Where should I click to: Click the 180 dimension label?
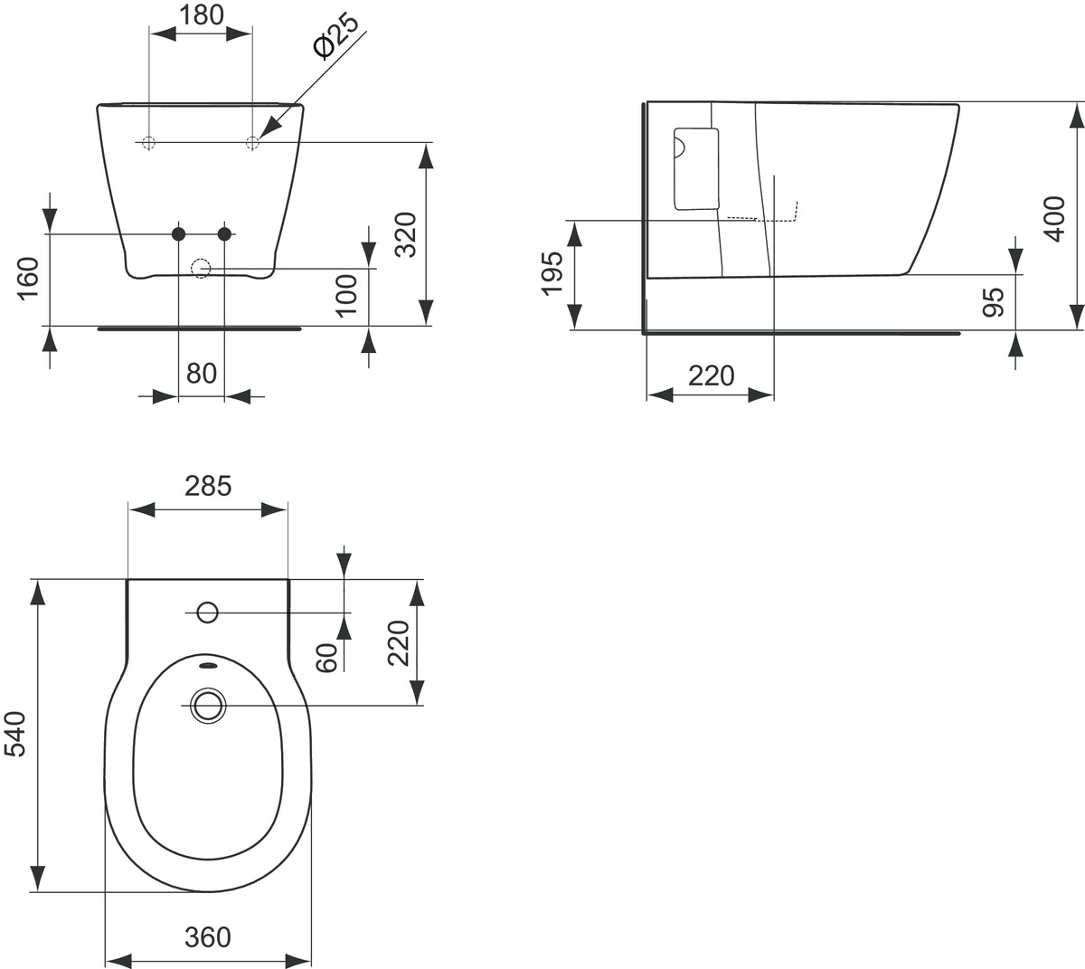(x=202, y=15)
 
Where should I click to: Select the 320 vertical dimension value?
(x=405, y=234)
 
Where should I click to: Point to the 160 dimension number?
(x=28, y=279)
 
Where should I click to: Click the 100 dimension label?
(x=346, y=296)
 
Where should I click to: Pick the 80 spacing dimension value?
(x=202, y=373)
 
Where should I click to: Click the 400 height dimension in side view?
(x=1054, y=219)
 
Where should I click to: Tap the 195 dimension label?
(x=552, y=273)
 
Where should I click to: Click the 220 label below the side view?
(x=712, y=375)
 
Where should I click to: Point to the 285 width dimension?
(x=208, y=486)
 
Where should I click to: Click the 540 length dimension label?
(x=14, y=735)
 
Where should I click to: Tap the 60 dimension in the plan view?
(x=326, y=658)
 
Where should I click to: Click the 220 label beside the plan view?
(x=398, y=643)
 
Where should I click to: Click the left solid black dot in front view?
(x=178, y=233)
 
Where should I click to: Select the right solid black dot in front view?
(x=224, y=233)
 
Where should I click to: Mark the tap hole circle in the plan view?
(x=208, y=613)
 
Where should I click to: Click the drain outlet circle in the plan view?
(x=208, y=706)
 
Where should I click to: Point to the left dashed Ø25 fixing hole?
(x=148, y=143)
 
